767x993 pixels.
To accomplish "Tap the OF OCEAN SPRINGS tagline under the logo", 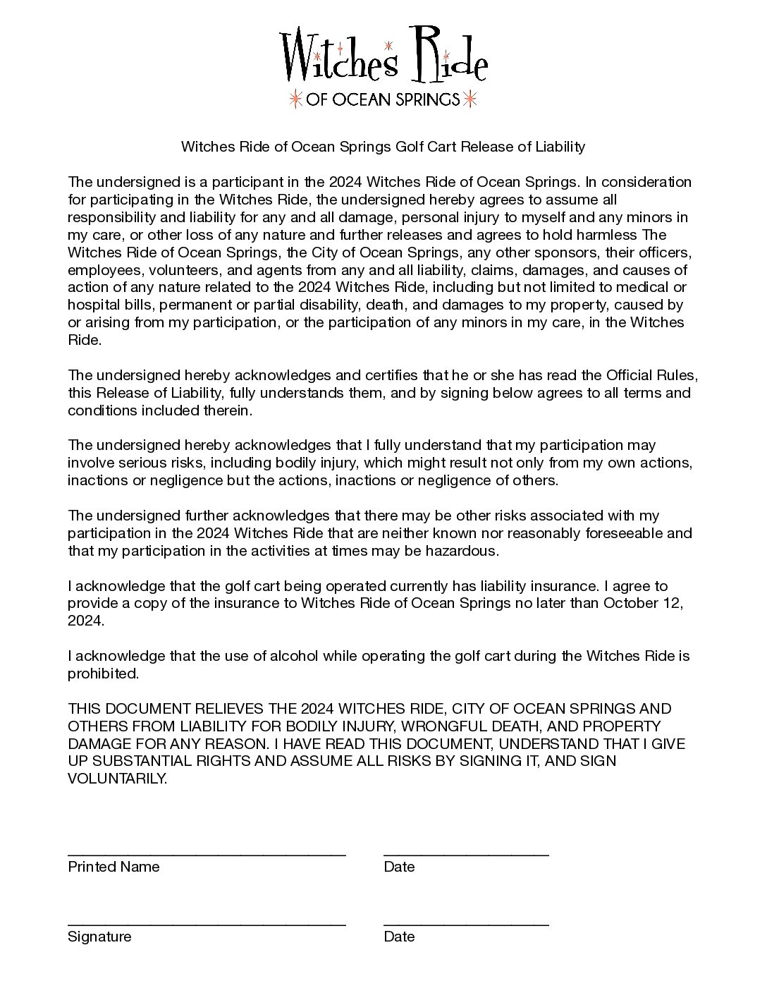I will click(383, 99).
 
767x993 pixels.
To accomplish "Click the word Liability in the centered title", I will click(560, 147).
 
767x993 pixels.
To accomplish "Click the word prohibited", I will click(103, 674).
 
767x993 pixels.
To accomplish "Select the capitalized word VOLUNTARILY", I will click(117, 779).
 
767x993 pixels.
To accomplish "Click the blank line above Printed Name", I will click(207, 853).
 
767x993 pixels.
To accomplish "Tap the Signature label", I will click(99, 937).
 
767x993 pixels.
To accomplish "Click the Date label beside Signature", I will click(399, 937).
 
